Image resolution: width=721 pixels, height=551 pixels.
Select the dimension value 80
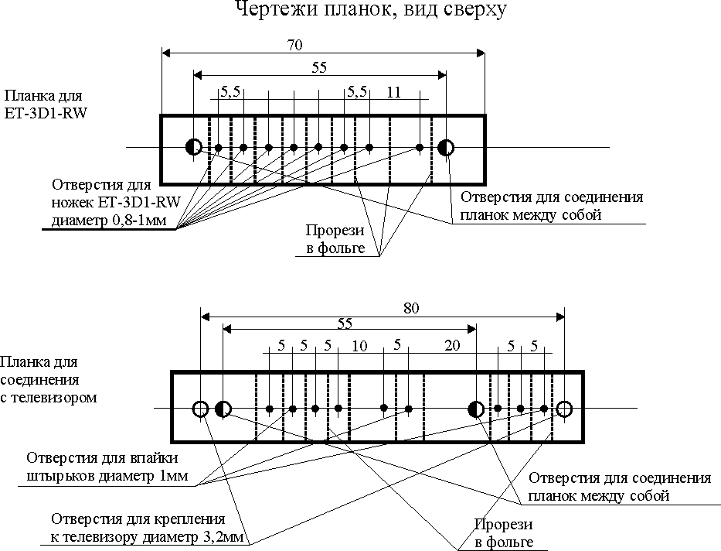pos(411,308)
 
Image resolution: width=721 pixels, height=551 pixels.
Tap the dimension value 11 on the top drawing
pos(394,92)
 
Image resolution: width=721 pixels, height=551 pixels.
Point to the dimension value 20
pos(453,346)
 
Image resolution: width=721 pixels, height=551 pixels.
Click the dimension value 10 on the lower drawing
pos(359,346)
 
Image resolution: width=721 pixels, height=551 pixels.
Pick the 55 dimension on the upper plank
pos(319,67)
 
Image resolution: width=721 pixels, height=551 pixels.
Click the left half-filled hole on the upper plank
pos(193,147)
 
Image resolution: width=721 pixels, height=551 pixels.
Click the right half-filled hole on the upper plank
pos(446,147)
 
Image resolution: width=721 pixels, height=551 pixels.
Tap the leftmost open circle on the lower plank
pos(200,408)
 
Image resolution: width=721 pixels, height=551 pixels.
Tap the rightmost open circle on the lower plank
pos(564,408)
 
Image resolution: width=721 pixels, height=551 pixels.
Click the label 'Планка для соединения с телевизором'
pos(49,379)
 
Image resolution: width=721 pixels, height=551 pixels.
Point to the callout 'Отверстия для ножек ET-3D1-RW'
pos(115,204)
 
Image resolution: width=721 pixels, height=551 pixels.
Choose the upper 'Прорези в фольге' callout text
pos(331,238)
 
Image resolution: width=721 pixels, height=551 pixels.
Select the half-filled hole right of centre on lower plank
pos(476,408)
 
